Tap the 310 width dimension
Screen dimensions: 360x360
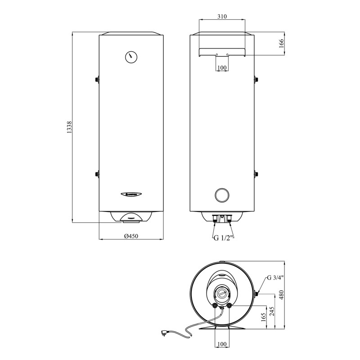click(221, 16)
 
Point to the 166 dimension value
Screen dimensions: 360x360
click(281, 44)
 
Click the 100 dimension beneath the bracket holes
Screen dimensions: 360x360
click(222, 67)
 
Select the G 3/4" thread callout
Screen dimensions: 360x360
click(275, 277)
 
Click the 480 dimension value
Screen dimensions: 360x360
click(282, 295)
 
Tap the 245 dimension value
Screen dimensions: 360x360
click(271, 311)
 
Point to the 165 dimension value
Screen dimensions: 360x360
click(263, 318)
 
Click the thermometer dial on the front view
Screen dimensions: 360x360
click(131, 57)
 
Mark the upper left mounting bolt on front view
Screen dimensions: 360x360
click(97, 80)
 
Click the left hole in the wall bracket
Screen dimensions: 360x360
click(216, 55)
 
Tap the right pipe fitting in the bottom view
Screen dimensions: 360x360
click(229, 306)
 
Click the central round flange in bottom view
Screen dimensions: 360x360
click(222, 293)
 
